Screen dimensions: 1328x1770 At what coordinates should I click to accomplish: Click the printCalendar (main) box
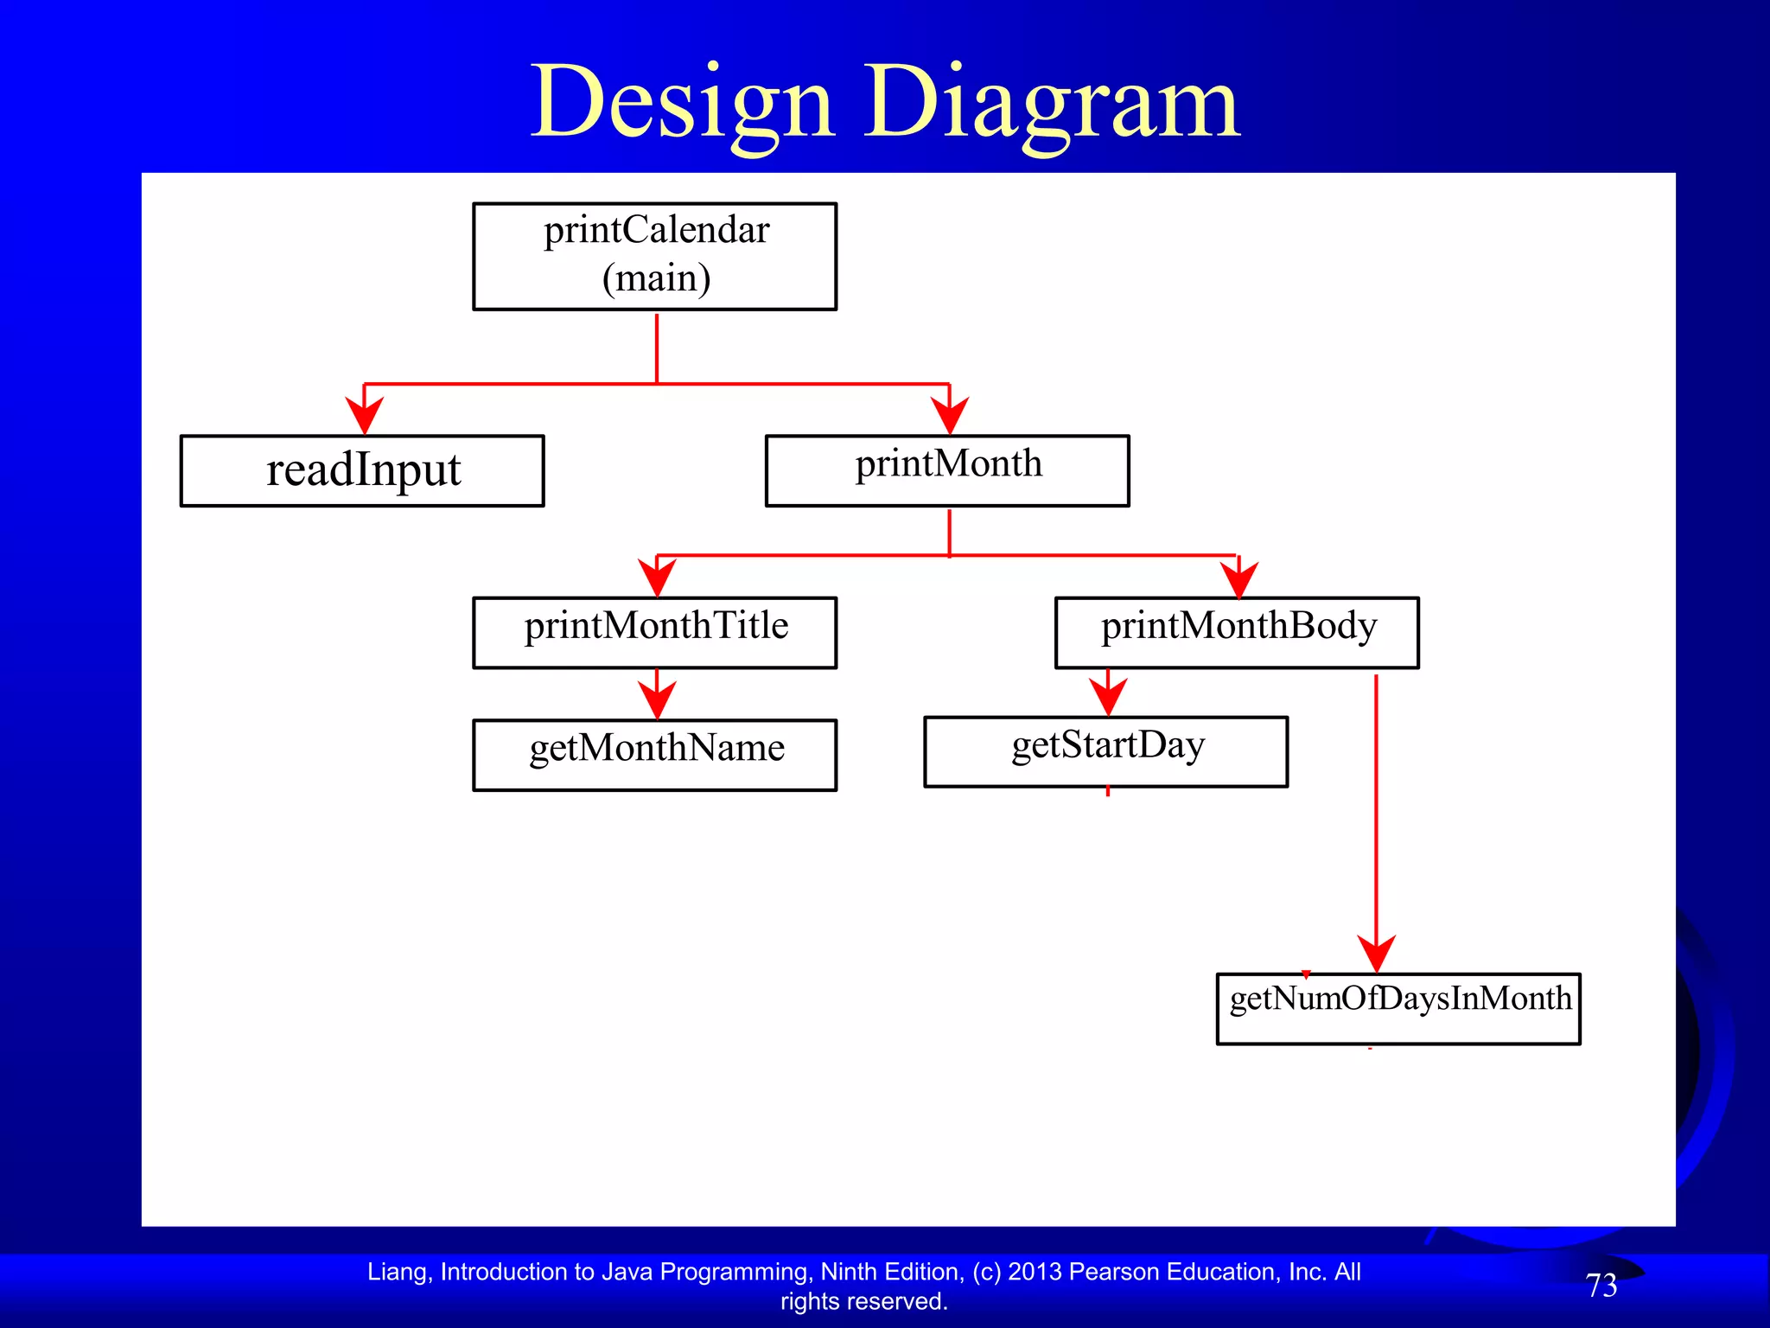pyautogui.click(x=654, y=256)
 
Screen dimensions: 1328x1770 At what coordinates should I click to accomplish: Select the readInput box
pyautogui.click(x=362, y=470)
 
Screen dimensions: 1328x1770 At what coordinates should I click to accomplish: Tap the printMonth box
pyautogui.click(x=947, y=470)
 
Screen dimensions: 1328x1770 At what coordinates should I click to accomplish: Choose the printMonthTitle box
pyautogui.click(x=654, y=632)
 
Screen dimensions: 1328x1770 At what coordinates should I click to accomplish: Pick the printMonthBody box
pyautogui.click(x=1237, y=632)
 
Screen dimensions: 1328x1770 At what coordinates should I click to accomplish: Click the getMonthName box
pyautogui.click(x=654, y=755)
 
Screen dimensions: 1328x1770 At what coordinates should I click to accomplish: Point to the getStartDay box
pyautogui.click(x=1105, y=751)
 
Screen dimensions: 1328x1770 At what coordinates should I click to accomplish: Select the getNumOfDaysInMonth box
pyautogui.click(x=1398, y=1008)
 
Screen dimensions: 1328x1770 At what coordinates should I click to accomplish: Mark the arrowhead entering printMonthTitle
pyautogui.click(x=657, y=577)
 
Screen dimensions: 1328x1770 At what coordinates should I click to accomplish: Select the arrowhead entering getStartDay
pyautogui.click(x=1108, y=696)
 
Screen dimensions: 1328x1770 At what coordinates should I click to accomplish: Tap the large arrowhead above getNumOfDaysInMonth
pyautogui.click(x=1376, y=953)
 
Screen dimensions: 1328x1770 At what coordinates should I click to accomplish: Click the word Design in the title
pyautogui.click(x=683, y=104)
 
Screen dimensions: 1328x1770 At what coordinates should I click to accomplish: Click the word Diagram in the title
pyautogui.click(x=1052, y=104)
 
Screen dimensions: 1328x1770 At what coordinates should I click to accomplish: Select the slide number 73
pyautogui.click(x=1601, y=1286)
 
